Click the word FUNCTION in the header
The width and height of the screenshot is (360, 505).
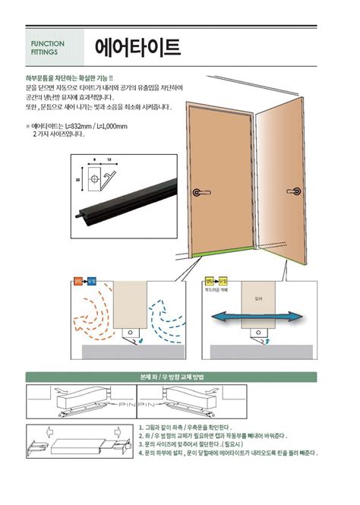(47, 44)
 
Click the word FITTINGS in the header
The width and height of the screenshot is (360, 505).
(44, 54)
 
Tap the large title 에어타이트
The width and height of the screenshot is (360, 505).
(138, 48)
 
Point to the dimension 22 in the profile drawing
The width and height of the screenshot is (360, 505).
(78, 180)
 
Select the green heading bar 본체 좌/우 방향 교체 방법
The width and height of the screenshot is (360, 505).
(179, 376)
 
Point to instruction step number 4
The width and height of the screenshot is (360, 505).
(142, 453)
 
